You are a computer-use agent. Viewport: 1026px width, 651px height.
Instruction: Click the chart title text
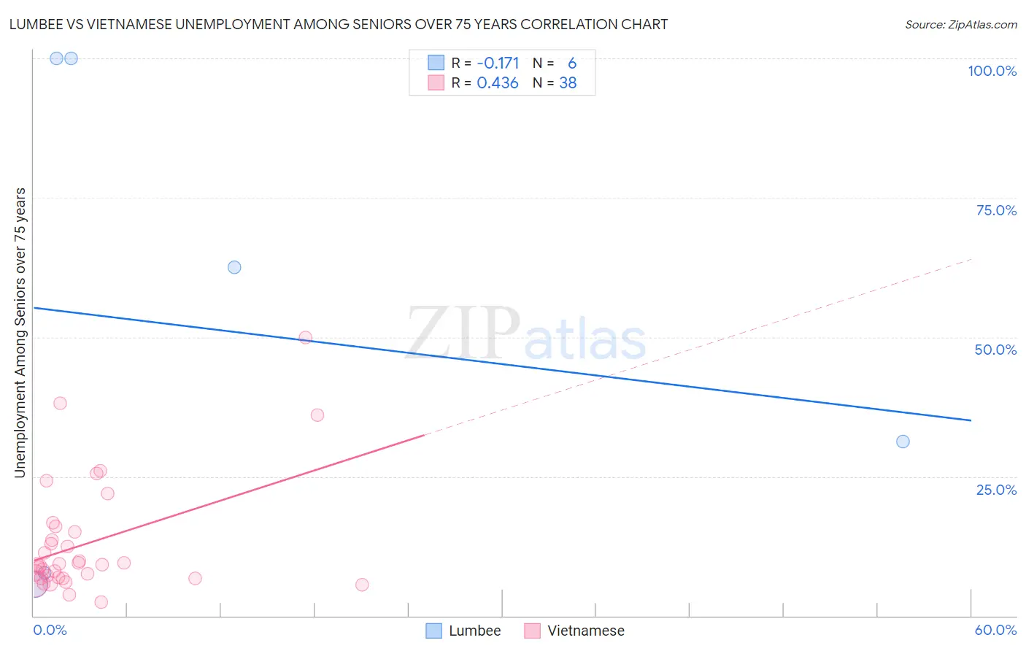point(338,24)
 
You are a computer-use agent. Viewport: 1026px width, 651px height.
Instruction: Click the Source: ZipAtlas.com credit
point(960,25)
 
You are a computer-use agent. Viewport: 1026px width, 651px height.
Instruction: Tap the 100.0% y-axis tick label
point(992,71)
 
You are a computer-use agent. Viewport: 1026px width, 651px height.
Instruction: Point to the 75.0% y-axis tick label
point(996,210)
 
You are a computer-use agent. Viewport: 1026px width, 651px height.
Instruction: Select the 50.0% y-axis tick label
point(995,350)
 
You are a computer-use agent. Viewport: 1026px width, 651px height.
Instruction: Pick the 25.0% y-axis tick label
point(996,490)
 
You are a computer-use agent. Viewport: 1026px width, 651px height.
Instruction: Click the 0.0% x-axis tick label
point(50,630)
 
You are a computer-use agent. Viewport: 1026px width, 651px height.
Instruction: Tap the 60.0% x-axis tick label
point(995,630)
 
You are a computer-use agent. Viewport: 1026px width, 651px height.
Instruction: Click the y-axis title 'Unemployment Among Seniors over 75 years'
point(20,333)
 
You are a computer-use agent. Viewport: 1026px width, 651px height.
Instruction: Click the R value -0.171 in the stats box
point(498,63)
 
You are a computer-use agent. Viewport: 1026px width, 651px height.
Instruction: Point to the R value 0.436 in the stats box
point(498,83)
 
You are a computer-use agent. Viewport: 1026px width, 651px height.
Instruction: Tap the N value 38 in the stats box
point(568,83)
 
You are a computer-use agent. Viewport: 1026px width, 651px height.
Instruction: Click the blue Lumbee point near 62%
point(234,267)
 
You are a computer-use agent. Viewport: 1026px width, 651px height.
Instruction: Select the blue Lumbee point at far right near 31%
point(903,442)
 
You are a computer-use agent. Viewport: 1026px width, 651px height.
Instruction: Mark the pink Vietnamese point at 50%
point(306,337)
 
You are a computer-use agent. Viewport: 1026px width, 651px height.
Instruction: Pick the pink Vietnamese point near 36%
point(317,415)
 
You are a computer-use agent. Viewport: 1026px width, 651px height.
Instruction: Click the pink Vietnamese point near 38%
point(61,404)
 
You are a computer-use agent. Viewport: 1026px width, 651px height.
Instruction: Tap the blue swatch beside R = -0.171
point(436,63)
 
